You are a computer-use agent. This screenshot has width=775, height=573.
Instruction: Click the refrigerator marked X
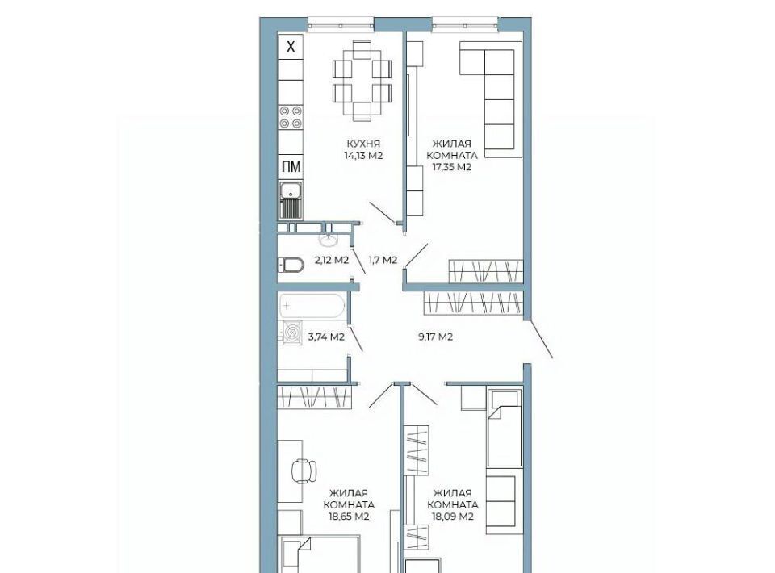point(290,47)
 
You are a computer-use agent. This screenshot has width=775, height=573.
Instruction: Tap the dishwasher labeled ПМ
point(290,167)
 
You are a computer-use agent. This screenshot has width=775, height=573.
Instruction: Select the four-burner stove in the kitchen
point(290,118)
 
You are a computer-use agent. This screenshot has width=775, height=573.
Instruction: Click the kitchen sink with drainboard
point(290,200)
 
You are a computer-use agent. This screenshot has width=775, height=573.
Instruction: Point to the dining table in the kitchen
point(362,81)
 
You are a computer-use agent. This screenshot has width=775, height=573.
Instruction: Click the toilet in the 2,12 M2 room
point(291,266)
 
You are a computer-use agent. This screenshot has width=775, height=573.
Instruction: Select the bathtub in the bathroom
point(312,306)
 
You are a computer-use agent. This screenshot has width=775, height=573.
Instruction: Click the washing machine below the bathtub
point(292,332)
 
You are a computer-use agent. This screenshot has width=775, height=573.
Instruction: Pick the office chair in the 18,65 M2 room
point(304,471)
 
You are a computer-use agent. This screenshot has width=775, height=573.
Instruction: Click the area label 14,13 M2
point(364,156)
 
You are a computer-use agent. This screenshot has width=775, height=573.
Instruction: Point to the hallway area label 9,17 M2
point(435,337)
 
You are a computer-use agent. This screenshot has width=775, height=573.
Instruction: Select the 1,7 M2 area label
point(383,261)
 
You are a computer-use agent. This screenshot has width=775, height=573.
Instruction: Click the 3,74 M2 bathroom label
point(326,337)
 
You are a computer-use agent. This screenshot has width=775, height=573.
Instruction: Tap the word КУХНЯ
point(363,144)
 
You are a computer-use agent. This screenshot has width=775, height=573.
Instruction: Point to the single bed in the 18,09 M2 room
point(504,428)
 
